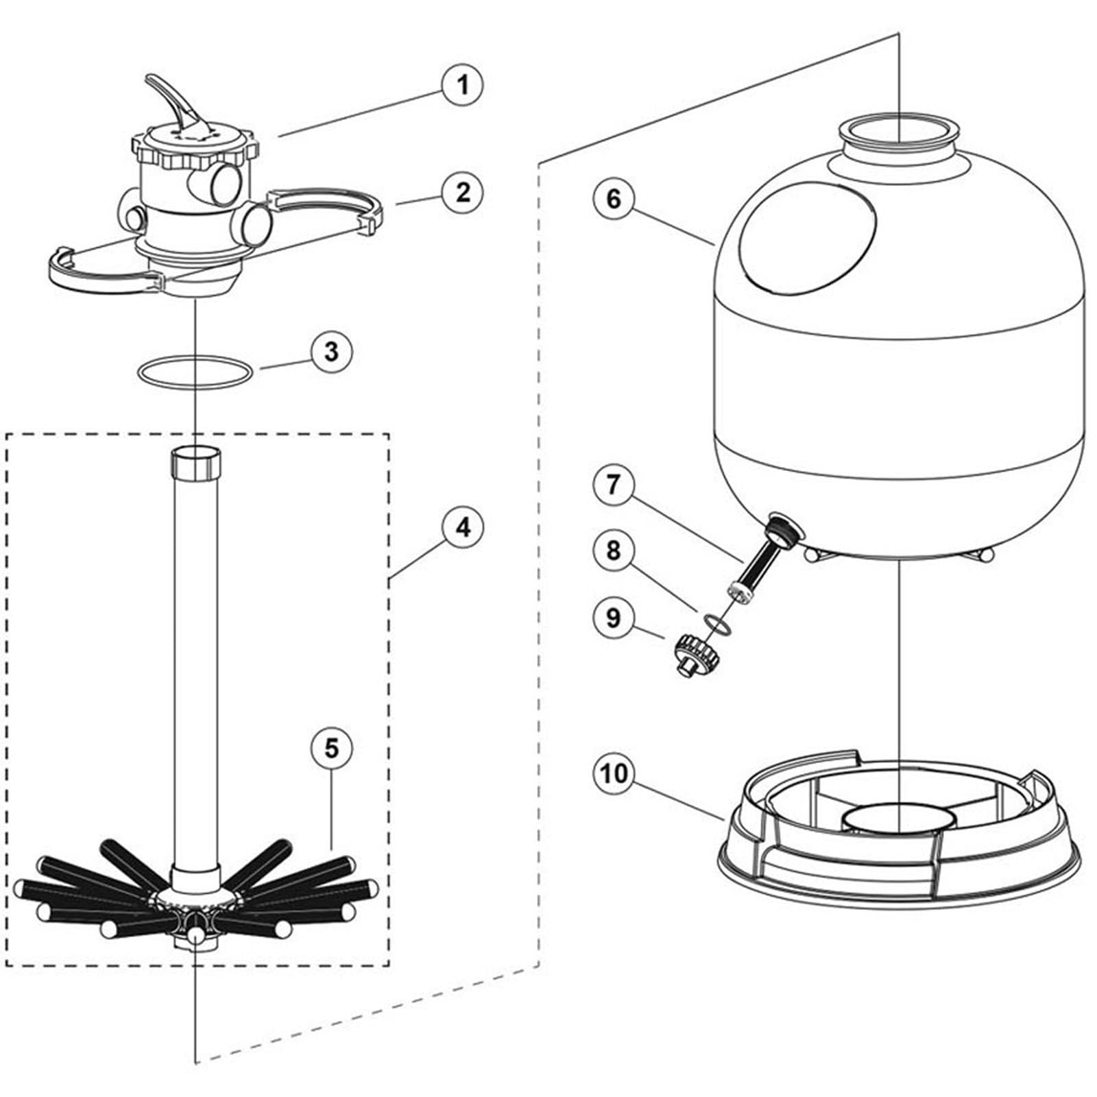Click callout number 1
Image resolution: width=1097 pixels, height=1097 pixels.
[463, 85]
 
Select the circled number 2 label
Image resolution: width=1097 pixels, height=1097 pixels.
[463, 193]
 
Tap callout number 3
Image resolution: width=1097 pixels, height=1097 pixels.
[331, 352]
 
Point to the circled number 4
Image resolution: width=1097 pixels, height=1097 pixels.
[463, 527]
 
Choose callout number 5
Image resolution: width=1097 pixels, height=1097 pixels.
[331, 748]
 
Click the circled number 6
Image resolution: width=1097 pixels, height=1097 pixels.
[613, 200]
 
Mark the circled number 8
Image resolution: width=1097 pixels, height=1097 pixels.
[613, 550]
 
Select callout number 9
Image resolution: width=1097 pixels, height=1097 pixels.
[613, 618]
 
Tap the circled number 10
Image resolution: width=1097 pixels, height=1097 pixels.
[613, 773]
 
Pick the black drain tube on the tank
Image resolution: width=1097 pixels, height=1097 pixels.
[758, 560]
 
